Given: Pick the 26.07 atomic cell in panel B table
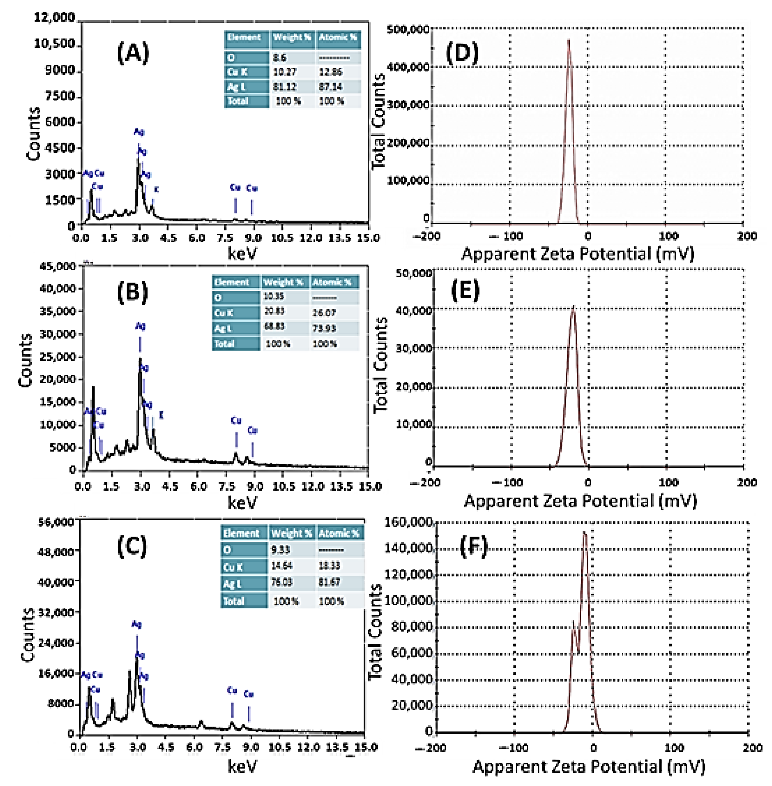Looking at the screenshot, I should pyautogui.click(x=324, y=313).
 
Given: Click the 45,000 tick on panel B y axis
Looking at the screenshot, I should pyautogui.click(x=57, y=266).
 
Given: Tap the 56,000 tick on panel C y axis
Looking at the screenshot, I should pyautogui.click(x=56, y=522).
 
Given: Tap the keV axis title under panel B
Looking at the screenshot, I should pyautogui.click(x=242, y=503).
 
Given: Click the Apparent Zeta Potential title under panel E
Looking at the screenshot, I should pyautogui.click(x=580, y=501).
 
